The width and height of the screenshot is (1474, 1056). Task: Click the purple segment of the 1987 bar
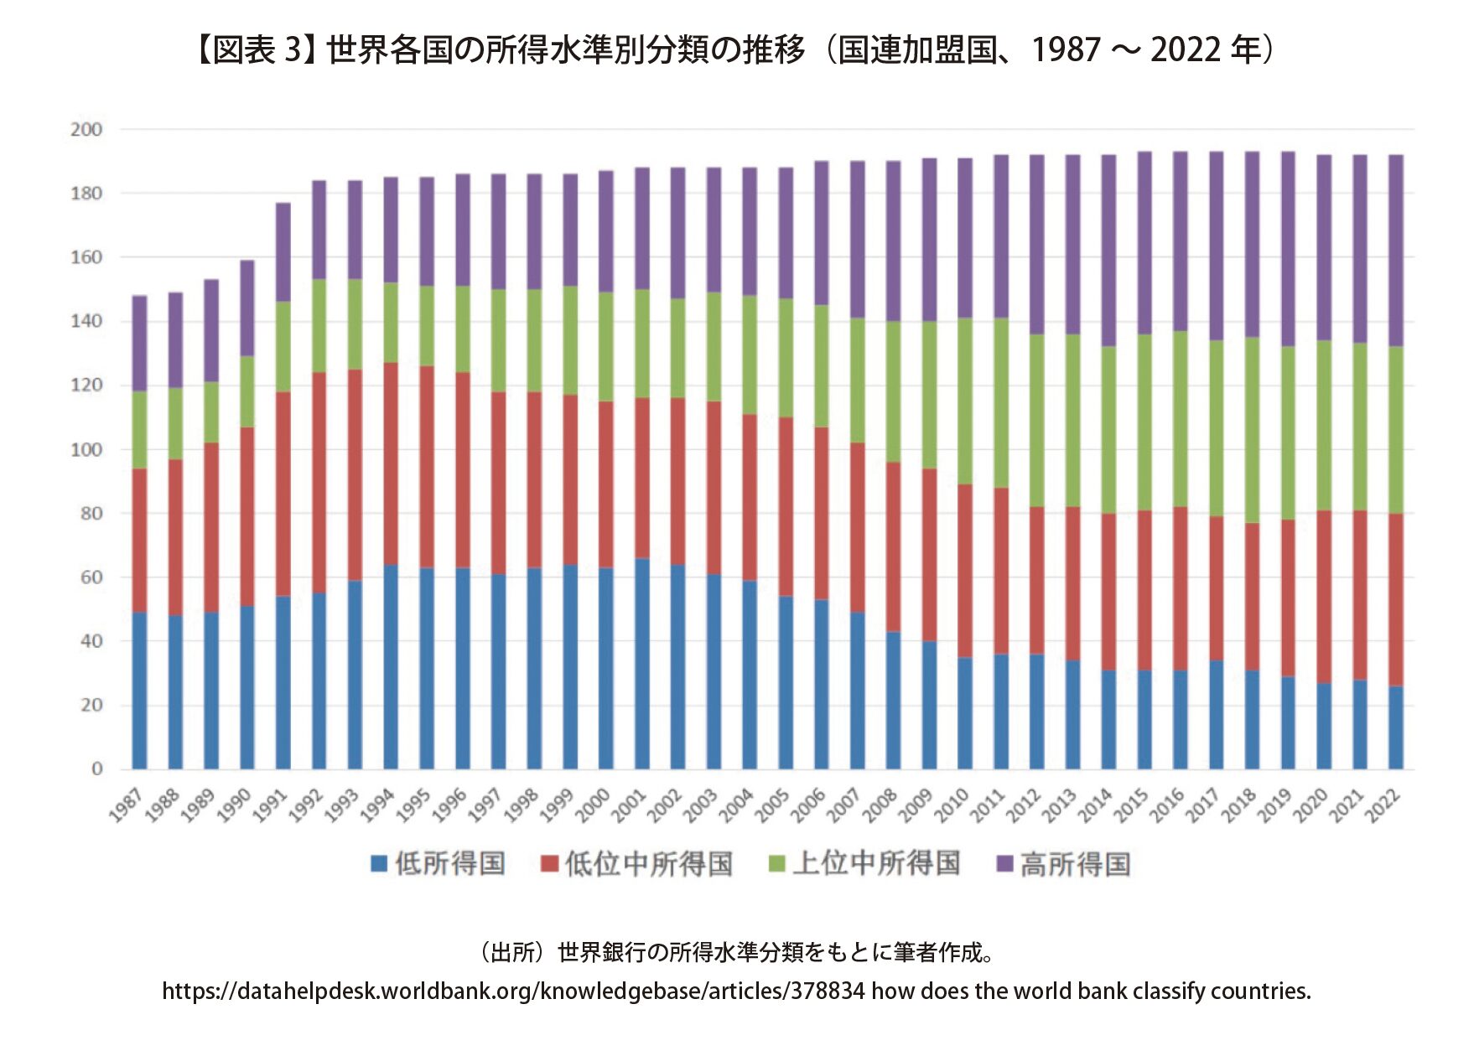tap(139, 344)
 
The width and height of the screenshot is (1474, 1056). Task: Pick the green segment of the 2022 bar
tap(1395, 430)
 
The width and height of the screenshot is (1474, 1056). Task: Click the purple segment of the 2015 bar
tap(1144, 243)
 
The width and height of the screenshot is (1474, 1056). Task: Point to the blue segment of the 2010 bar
tap(964, 713)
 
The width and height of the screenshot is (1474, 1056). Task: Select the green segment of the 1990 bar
tap(247, 391)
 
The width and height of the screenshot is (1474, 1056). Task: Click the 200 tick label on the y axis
tap(86, 130)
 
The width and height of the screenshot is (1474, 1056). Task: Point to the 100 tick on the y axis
tap(86, 450)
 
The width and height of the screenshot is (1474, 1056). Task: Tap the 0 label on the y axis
tap(97, 769)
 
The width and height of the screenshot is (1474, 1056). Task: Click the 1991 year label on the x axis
tap(270, 806)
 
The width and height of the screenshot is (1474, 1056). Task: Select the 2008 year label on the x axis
tap(880, 806)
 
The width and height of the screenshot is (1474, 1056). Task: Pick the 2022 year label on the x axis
tap(1383, 806)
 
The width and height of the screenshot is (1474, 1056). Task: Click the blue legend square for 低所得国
tap(379, 863)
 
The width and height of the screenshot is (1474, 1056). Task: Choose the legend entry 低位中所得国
tap(648, 863)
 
